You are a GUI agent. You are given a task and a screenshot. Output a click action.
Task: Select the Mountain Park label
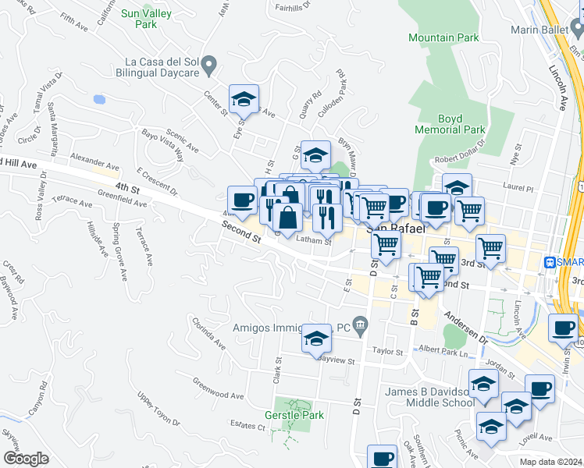click(x=443, y=37)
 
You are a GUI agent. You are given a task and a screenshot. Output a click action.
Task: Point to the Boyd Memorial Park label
click(x=450, y=124)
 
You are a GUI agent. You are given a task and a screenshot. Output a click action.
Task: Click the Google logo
click(x=26, y=458)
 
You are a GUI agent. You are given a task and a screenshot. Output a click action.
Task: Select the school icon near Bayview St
click(x=315, y=339)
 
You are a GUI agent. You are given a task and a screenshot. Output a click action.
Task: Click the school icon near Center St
click(x=244, y=99)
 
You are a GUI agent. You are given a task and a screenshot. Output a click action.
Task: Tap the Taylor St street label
click(x=387, y=351)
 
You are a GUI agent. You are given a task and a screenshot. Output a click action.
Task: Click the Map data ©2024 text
click(x=551, y=461)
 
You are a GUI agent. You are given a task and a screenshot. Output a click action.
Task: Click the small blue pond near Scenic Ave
click(x=98, y=100)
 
